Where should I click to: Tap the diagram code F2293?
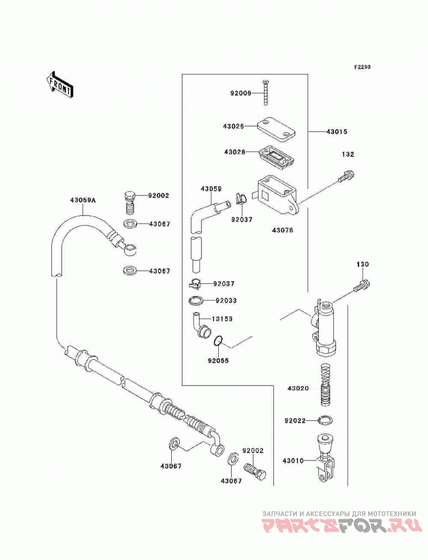(x=362, y=67)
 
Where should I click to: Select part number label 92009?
(x=241, y=93)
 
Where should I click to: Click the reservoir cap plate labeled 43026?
(x=276, y=129)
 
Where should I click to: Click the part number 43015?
(x=337, y=132)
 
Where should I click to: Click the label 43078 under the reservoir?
(x=282, y=230)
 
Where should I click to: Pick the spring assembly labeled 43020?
(x=325, y=384)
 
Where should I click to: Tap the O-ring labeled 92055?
(x=218, y=342)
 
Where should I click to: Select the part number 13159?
(x=222, y=319)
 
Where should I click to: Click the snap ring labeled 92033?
(x=196, y=300)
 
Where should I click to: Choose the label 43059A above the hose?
(x=83, y=200)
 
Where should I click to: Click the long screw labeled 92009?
(x=265, y=92)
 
